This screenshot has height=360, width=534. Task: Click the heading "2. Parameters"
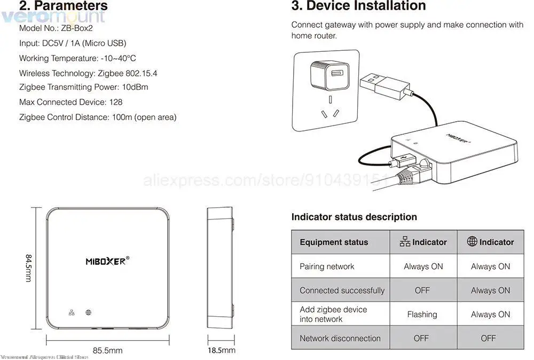[x=64, y=6]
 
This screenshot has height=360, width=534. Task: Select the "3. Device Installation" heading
[x=358, y=6]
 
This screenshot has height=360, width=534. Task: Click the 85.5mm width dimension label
[x=108, y=350]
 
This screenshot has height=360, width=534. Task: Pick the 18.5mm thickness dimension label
[x=222, y=350]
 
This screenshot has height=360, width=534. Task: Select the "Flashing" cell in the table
[x=422, y=315]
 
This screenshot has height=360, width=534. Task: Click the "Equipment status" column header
[x=334, y=242]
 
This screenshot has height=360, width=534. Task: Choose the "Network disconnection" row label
[x=340, y=338]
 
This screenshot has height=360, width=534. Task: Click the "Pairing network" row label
[x=327, y=267]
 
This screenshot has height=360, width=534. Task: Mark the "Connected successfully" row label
[x=342, y=291]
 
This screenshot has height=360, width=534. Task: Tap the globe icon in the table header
[x=472, y=241]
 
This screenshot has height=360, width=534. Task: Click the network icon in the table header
[x=405, y=242]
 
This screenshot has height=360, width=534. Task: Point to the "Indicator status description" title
[x=354, y=217]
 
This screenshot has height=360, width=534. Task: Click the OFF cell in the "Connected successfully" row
[x=422, y=291]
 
